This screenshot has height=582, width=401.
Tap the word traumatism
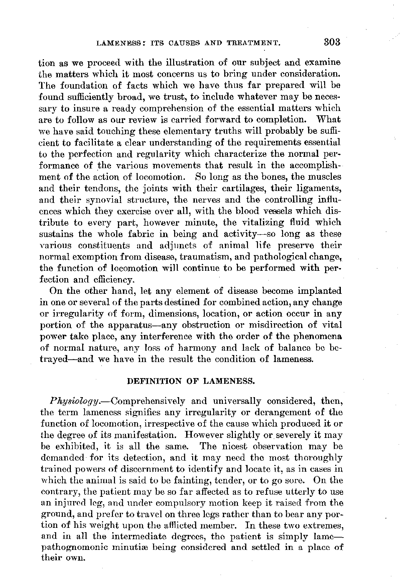(x=190, y=257)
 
